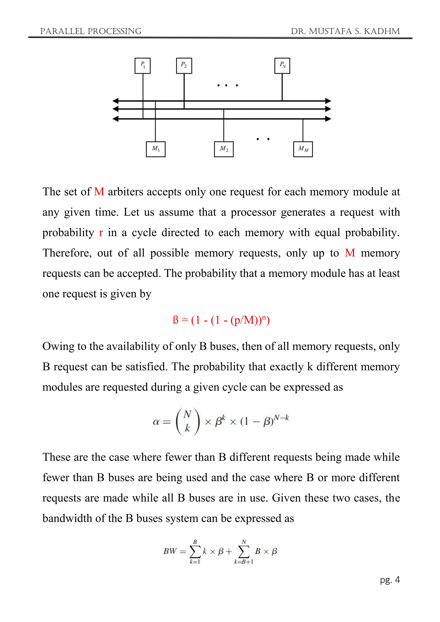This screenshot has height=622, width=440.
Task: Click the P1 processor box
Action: [x=142, y=66]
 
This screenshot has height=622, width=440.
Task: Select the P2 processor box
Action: [x=184, y=66]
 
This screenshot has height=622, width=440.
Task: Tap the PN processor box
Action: [x=282, y=66]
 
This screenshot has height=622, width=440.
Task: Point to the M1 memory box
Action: [x=156, y=149]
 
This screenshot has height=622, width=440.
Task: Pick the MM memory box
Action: [x=303, y=149]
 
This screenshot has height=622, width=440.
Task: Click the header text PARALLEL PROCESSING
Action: [x=91, y=31]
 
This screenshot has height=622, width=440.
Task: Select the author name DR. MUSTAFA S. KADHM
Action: [x=345, y=31]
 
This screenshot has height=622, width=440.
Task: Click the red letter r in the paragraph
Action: [x=101, y=233]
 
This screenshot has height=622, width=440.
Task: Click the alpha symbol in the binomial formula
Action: [x=156, y=422]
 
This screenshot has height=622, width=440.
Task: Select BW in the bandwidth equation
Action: [x=170, y=551]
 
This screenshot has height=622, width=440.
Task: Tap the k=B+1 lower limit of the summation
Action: [x=244, y=562]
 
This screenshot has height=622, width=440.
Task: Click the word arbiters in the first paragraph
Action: [x=125, y=192]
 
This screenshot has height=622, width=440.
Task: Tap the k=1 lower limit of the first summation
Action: [x=195, y=562]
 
